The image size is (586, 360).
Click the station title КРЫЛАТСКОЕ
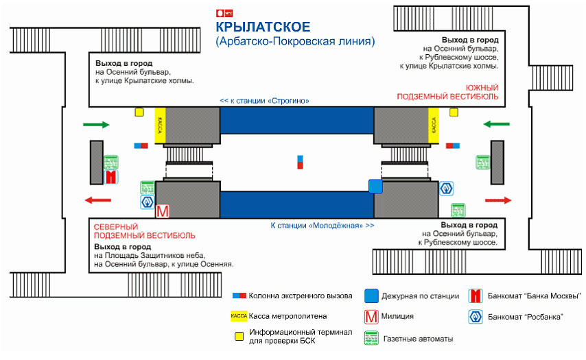(263, 27)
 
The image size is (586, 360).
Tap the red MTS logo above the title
(224, 12)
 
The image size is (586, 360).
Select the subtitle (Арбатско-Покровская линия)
(295, 42)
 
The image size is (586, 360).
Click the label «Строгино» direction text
(264, 101)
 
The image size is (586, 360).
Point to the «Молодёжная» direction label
(323, 225)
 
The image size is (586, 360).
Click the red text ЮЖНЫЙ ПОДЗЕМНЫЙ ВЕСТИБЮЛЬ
(447, 93)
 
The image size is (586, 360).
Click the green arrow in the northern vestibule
(96, 125)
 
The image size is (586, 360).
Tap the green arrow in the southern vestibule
(496, 124)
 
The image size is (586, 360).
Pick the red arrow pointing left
(97, 200)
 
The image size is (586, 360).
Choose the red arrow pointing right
(498, 200)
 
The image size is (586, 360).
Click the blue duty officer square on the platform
(375, 186)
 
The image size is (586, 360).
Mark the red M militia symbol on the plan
(163, 211)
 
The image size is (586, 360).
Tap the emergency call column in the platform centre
(300, 162)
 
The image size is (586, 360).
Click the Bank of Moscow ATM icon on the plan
(110, 177)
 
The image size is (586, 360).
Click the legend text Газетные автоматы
(419, 339)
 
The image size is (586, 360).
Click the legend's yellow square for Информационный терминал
(239, 336)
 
